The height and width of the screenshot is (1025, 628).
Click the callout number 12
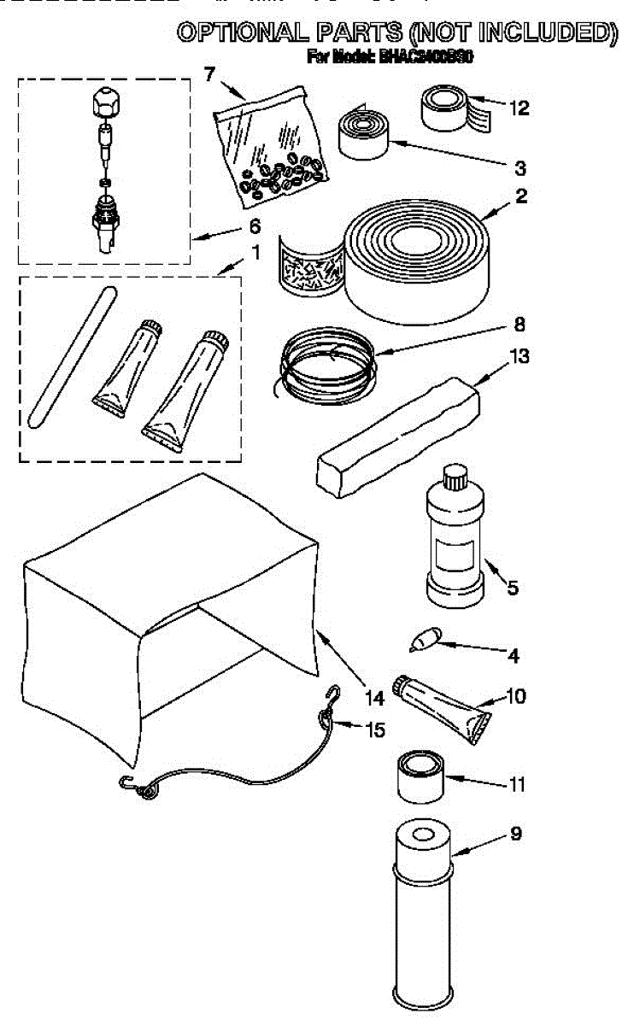tap(519, 108)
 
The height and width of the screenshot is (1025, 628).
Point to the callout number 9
tap(515, 834)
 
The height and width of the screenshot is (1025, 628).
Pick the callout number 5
tap(513, 588)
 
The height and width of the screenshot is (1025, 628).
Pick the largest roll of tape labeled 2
tap(416, 256)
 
